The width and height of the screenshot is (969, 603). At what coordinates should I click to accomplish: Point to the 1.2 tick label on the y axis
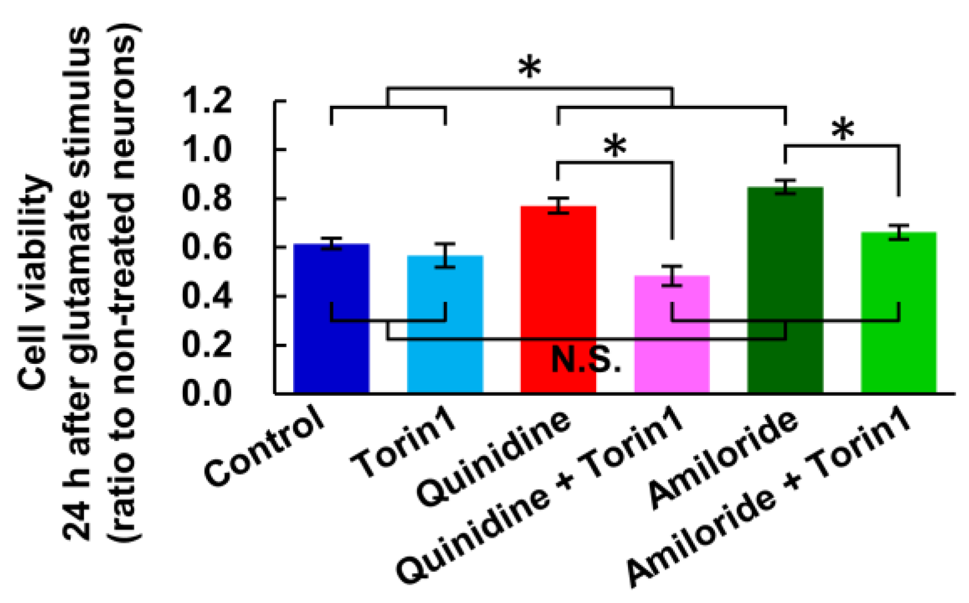click(x=207, y=101)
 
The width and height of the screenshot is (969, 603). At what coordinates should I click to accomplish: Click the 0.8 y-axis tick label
click(x=207, y=198)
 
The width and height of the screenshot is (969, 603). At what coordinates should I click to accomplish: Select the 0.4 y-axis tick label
click(x=207, y=296)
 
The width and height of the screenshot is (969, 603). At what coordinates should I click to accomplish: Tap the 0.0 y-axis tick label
click(x=207, y=393)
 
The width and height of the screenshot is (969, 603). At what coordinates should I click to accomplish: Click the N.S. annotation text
click(x=586, y=360)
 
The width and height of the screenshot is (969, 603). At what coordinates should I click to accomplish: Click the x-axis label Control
click(x=265, y=446)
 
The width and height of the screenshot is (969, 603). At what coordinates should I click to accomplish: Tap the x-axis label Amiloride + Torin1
click(x=769, y=502)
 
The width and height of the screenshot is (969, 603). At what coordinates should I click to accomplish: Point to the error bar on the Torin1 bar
click(x=445, y=255)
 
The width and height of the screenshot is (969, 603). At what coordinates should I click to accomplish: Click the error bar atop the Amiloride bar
click(x=785, y=187)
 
